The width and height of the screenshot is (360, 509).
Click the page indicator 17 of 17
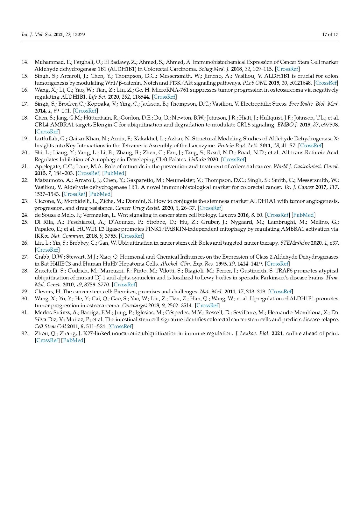pos(330,34)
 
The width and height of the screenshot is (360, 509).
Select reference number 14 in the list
pos(25,62)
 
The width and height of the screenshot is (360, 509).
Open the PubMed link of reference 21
pos(114,173)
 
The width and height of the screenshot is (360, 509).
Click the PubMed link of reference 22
pos(100,194)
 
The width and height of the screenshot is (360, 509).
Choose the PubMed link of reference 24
pos(303,215)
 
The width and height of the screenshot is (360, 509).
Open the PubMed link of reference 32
pos(73,340)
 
